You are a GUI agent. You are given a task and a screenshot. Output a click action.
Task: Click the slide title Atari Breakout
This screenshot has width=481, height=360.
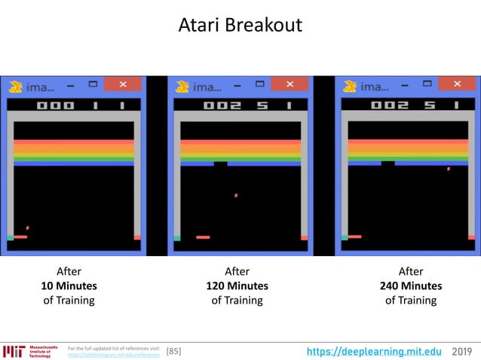[240, 25]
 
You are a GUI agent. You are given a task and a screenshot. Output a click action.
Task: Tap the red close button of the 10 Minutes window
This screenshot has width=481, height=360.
[118, 84]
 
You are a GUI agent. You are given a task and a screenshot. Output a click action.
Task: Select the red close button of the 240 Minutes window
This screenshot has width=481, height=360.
[457, 84]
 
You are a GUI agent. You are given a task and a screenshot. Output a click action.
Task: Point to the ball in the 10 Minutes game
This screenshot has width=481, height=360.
[28, 227]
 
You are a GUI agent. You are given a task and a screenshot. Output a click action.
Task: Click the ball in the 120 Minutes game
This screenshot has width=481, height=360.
[236, 196]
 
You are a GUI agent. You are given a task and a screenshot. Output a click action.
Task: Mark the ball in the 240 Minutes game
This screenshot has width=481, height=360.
[449, 169]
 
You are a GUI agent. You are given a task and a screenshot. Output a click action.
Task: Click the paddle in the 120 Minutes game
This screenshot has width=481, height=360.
[203, 237]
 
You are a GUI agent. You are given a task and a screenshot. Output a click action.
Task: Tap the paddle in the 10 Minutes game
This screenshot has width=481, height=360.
[20, 236]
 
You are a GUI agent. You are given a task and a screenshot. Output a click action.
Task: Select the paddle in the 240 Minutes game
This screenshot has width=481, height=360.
[354, 236]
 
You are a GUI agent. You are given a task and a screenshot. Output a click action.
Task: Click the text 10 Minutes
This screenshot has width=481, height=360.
[69, 286]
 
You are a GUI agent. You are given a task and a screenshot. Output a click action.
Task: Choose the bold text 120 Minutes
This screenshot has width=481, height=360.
[237, 286]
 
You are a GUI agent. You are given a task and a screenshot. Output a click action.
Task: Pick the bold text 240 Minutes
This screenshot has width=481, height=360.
[411, 286]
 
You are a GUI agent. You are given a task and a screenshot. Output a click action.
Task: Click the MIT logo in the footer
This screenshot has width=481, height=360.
[14, 351]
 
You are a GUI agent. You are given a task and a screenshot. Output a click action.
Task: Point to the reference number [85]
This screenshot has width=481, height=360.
[173, 351]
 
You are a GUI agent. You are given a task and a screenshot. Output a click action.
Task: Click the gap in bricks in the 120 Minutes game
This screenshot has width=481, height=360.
[220, 163]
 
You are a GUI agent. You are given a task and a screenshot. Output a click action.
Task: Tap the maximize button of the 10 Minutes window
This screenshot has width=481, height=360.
[92, 84]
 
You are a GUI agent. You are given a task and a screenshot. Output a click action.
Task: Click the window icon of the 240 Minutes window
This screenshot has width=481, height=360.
[350, 86]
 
